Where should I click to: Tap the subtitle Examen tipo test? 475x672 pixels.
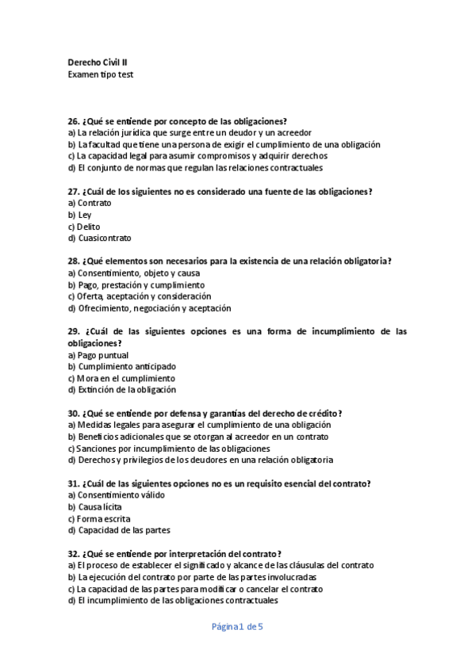pos(101,74)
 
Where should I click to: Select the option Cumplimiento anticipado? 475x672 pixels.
pos(122,367)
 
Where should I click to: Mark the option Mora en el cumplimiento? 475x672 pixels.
pos(121,378)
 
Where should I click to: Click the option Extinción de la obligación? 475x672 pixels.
pos(122,390)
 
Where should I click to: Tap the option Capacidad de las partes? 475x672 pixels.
pos(119,530)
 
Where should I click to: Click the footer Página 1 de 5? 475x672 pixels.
pos(237,627)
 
